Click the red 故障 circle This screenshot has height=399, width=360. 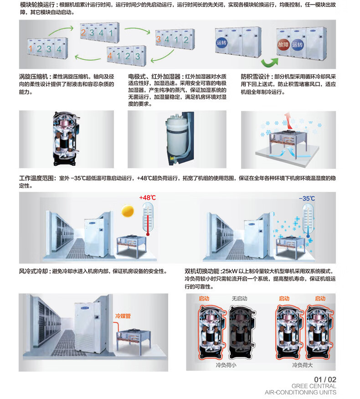[x=283, y=45]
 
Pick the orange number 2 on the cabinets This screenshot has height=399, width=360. [x=83, y=33]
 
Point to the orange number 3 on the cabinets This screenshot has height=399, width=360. [x=159, y=40]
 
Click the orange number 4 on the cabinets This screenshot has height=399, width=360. [x=110, y=57]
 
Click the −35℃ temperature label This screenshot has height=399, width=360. [x=307, y=198]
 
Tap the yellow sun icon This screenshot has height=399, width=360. [x=128, y=211]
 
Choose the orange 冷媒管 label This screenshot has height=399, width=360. [x=123, y=316]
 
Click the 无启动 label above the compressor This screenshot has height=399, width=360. [x=239, y=298]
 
